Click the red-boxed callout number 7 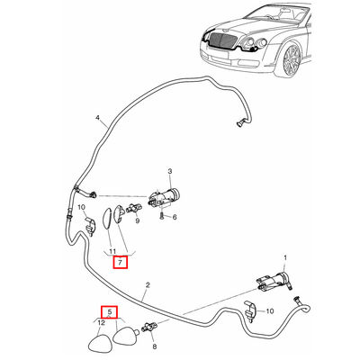(120, 263)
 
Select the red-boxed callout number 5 (109, 312)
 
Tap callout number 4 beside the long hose (97, 118)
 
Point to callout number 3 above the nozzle (170, 172)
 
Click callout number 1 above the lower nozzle (285, 257)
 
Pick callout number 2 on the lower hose (148, 285)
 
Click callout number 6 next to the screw (175, 217)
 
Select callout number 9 (138, 221)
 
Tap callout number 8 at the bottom (155, 346)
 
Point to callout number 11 (112, 251)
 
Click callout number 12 (102, 323)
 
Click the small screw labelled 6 (161, 215)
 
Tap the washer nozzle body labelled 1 (274, 281)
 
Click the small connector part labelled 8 (150, 327)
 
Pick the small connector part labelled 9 (134, 208)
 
